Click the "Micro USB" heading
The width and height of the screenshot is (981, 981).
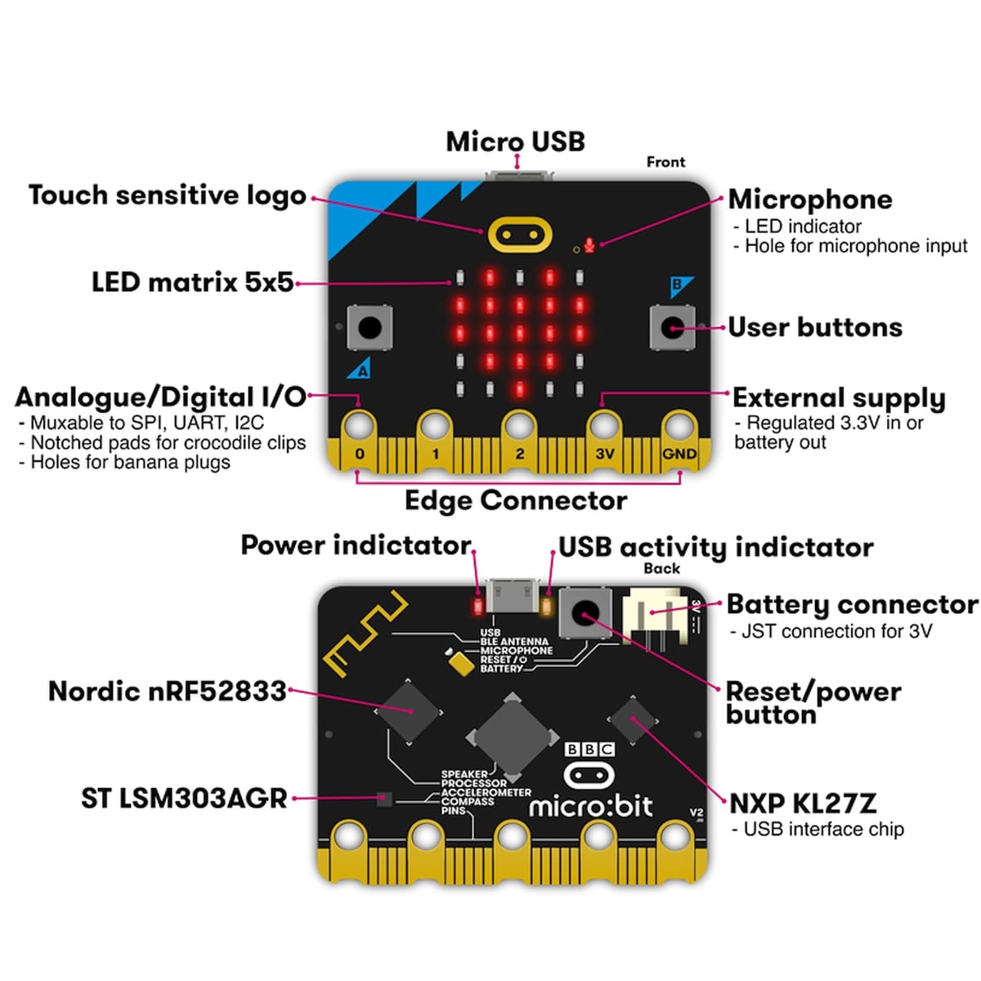coord(515,141)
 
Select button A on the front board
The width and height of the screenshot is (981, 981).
coord(370,328)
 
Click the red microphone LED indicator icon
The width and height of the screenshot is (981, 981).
coord(589,244)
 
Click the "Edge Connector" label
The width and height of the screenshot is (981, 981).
coord(515,500)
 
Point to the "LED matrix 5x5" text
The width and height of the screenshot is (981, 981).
coord(192,283)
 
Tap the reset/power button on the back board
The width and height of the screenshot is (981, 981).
coord(585,612)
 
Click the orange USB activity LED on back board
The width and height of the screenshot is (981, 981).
coord(547,606)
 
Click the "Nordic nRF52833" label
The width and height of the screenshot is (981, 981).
coord(168,692)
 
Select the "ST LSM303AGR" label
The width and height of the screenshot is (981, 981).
coord(184,798)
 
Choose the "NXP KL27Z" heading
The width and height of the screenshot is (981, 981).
coord(802,803)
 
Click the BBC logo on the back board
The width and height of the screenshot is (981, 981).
coord(589,749)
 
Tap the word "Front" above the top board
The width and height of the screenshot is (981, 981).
coord(665,162)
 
